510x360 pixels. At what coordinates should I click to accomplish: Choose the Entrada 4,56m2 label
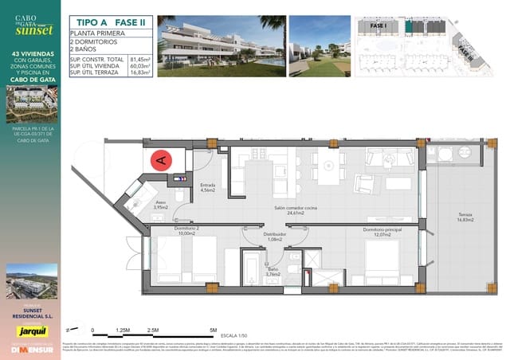coord(208,188)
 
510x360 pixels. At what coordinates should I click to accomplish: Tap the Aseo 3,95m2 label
coord(160,205)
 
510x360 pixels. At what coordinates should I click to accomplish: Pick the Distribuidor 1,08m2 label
coord(253,237)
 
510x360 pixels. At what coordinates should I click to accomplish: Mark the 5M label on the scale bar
coord(213,329)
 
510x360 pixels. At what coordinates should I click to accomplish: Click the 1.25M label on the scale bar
coord(123,329)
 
